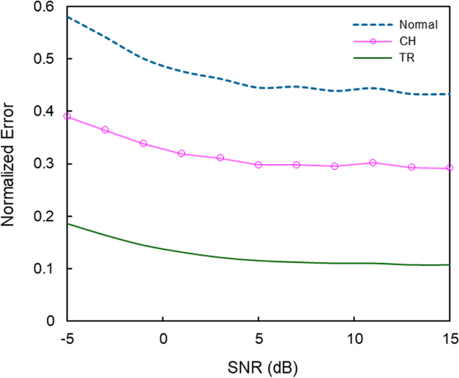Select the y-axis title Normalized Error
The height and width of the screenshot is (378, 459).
click(11, 165)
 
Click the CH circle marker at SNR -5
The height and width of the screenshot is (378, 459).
click(67, 116)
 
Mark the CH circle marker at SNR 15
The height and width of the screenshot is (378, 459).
click(450, 168)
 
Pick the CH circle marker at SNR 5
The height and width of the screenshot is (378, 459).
click(258, 165)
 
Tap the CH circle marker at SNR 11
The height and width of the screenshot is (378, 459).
click(373, 163)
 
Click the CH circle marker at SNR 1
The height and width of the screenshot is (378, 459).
click(182, 154)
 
